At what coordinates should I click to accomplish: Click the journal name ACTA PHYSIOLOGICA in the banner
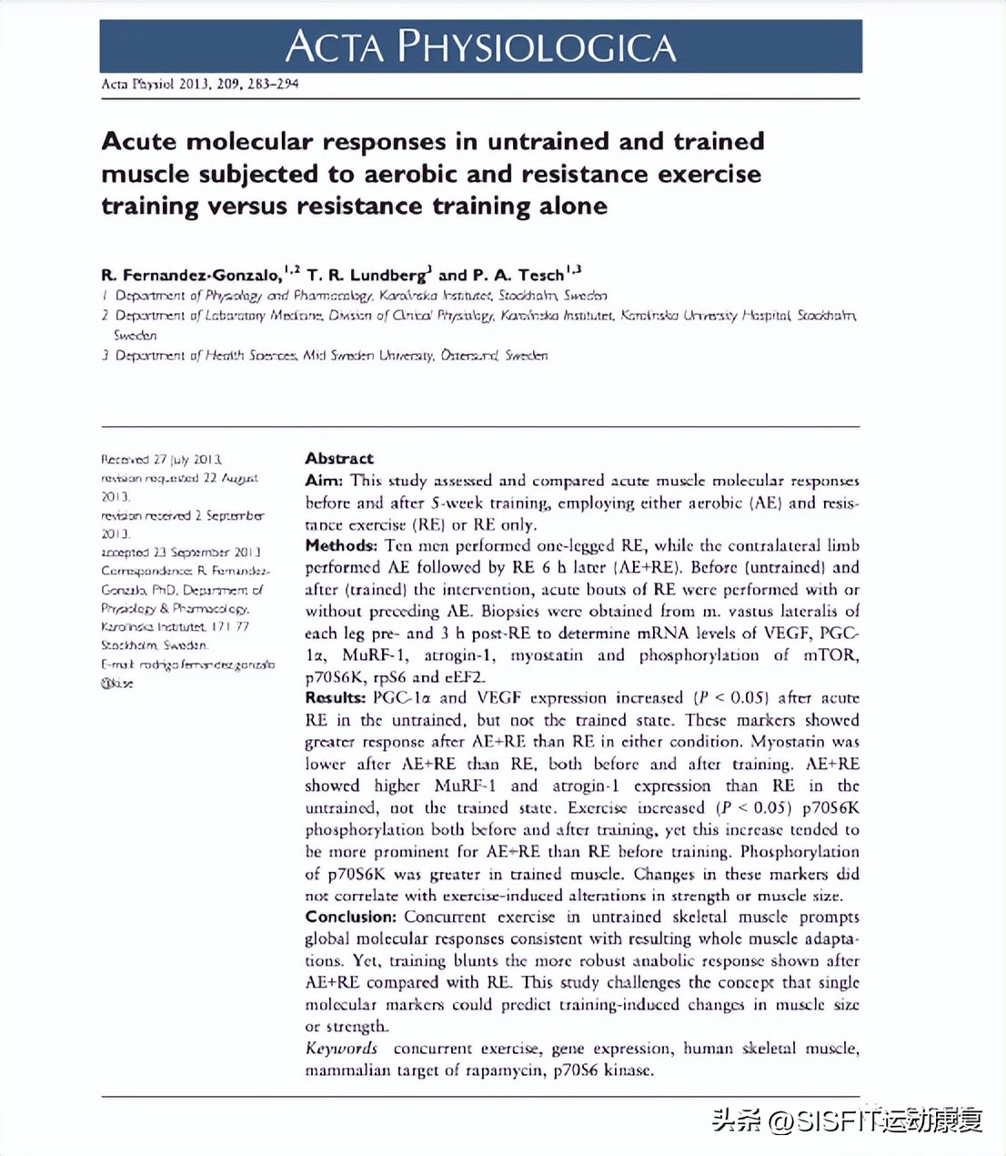click(480, 46)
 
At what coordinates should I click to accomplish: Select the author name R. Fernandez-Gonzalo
click(191, 275)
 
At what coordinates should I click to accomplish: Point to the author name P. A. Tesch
click(518, 275)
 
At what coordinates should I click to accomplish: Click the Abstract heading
click(339, 459)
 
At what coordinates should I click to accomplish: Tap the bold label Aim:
click(324, 481)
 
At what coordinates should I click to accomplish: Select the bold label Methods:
click(340, 546)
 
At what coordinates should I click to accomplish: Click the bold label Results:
click(335, 698)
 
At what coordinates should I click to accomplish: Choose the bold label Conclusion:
click(350, 917)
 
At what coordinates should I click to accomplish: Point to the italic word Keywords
click(341, 1049)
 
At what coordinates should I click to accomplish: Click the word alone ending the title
click(572, 206)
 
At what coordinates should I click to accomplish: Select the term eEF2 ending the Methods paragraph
click(465, 677)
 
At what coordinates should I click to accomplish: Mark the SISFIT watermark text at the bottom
click(847, 1120)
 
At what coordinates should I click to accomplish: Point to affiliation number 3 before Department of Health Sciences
click(106, 355)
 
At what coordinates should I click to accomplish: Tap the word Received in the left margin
click(125, 460)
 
